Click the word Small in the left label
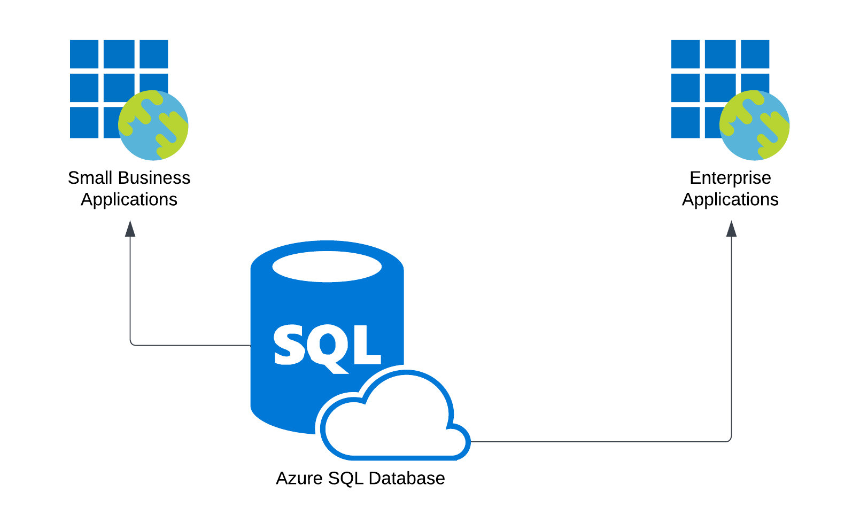click(x=89, y=178)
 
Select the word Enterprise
click(x=730, y=178)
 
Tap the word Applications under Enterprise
click(x=730, y=200)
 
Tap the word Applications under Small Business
click(x=129, y=200)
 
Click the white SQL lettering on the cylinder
click(x=327, y=346)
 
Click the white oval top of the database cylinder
click(x=327, y=266)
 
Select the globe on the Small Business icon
click(x=153, y=125)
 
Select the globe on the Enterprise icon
click(x=755, y=125)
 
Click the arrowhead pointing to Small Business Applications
click(x=130, y=229)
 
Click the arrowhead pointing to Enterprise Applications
click(x=731, y=229)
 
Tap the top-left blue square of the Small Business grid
click(x=84, y=54)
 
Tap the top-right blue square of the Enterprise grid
click(x=755, y=54)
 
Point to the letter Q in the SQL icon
click(x=327, y=347)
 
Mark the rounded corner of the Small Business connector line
click(x=131, y=343)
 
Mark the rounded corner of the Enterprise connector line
click(x=730, y=440)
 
